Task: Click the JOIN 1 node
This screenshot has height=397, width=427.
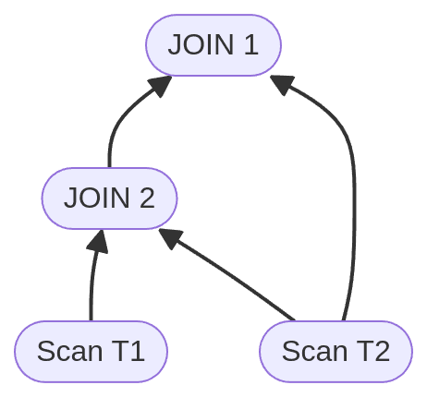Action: (x=213, y=44)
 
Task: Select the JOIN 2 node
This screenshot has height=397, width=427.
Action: (x=109, y=198)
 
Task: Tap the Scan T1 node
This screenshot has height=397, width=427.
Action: (x=91, y=351)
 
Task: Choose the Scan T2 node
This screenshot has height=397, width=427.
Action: (x=335, y=351)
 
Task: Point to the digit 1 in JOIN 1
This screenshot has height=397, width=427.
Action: (x=250, y=44)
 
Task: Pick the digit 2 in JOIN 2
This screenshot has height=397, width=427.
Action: (x=146, y=198)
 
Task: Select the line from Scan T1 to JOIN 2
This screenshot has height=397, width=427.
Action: (x=91, y=286)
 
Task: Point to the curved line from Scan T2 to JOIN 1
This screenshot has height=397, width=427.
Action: (x=353, y=185)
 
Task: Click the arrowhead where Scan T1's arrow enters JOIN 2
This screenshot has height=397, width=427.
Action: (x=98, y=241)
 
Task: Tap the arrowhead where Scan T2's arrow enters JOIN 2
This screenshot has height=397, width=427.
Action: (x=169, y=237)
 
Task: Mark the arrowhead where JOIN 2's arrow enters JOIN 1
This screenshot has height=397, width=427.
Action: (x=160, y=87)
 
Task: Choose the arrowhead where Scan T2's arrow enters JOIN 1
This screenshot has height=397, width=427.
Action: (x=283, y=85)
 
